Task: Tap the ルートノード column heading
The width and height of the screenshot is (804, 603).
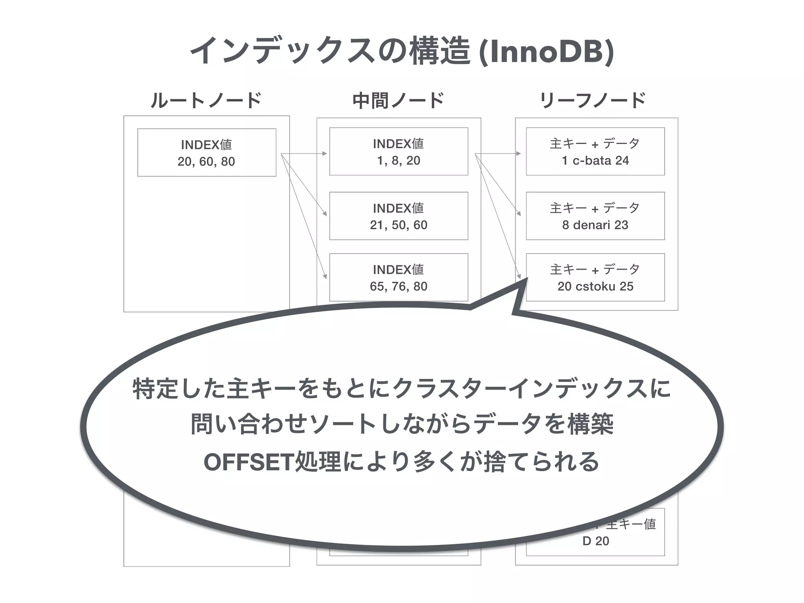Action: (206, 100)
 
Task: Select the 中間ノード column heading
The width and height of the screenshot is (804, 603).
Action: (398, 100)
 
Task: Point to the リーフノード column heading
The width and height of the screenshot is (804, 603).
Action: (593, 100)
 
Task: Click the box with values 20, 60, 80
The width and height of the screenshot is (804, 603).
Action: (206, 153)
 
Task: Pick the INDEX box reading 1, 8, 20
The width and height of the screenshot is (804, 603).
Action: (398, 152)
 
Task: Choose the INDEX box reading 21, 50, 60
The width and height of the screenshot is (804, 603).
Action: (398, 216)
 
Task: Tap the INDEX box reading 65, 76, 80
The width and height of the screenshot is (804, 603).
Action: (398, 278)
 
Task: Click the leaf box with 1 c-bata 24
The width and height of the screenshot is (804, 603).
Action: (595, 152)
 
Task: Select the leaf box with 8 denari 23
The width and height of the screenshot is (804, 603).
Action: (595, 216)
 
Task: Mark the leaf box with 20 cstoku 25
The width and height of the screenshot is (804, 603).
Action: (595, 278)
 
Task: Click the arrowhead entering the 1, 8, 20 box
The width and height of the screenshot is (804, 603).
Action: (325, 153)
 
